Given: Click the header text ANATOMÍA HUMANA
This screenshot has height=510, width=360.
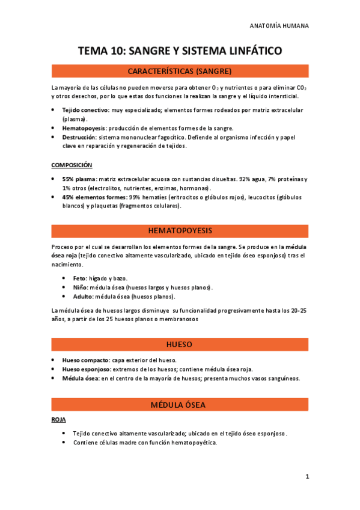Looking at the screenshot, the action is tap(279, 26).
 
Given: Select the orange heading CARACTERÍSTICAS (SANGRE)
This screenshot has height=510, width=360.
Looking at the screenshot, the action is tap(180, 71).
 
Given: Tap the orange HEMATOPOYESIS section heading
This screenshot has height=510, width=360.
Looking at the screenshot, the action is tap(180, 230).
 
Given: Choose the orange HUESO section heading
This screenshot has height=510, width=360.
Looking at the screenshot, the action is tap(180, 345).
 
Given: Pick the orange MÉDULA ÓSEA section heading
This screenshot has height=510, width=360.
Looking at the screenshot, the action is tap(180, 405).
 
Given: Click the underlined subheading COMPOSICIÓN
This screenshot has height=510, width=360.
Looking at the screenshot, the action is tap(72, 165).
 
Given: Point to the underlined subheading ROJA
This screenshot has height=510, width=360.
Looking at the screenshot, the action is tap(58, 419).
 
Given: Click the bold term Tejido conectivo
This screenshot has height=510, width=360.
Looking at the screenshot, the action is tap(85, 110).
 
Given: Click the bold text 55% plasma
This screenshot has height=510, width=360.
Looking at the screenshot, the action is tap(79, 179).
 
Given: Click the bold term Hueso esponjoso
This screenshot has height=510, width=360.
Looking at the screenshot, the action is tap(86, 369).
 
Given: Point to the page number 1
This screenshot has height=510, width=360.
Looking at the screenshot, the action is tap(307, 477).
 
